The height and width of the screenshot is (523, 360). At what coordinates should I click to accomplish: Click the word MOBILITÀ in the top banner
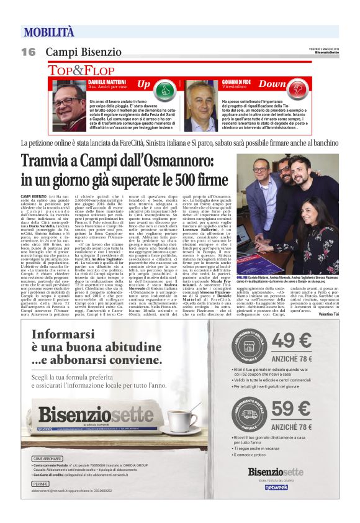point(49,32)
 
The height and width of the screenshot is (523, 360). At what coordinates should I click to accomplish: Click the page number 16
point(28,52)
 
